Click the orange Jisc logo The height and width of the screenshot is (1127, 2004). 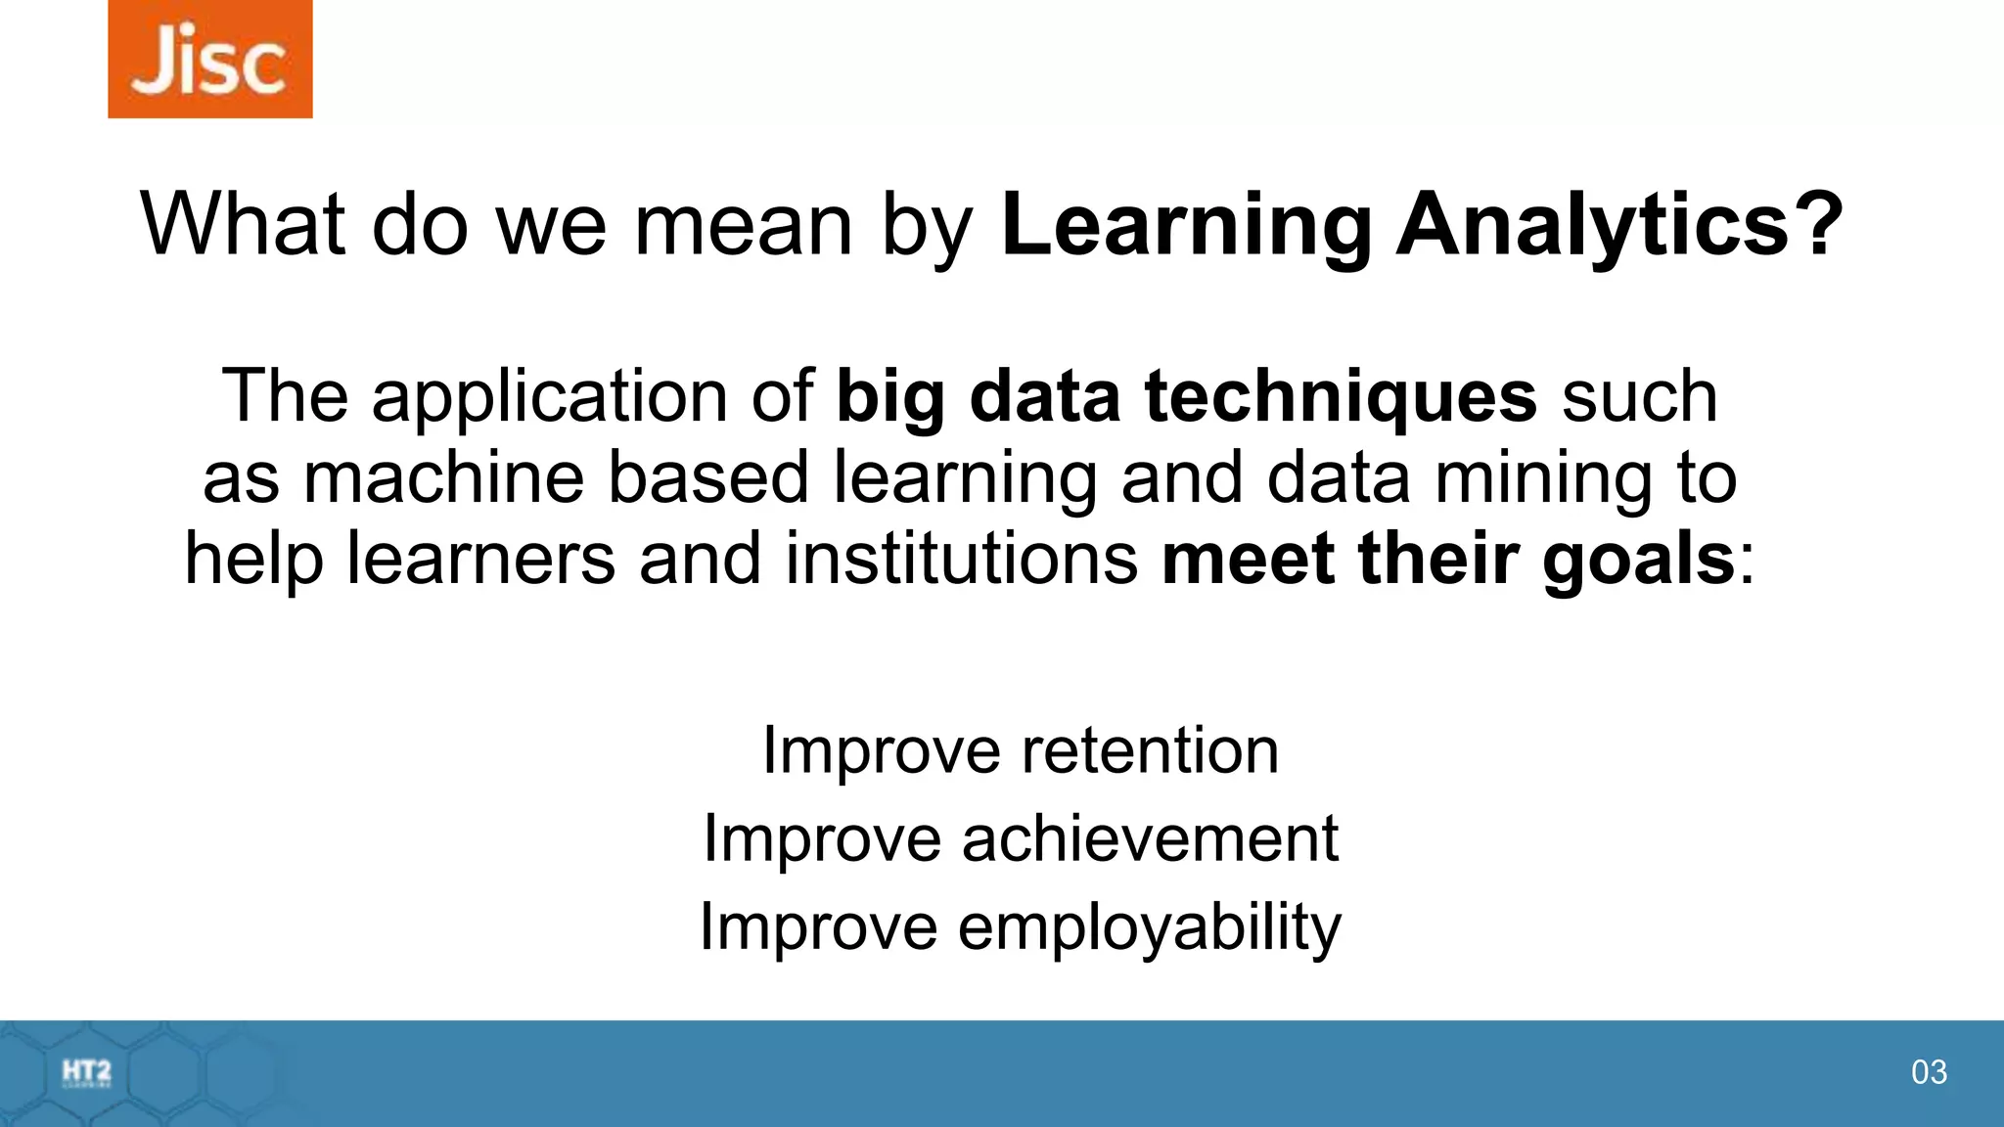(209, 59)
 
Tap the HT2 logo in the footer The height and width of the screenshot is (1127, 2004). (86, 1073)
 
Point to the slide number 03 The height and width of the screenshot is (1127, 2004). (1929, 1072)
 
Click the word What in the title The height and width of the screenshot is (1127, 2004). (243, 225)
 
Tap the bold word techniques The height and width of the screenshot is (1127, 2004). (1341, 396)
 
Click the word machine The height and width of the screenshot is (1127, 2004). (443, 477)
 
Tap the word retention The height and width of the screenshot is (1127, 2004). (1150, 750)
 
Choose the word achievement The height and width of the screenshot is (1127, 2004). (1149, 838)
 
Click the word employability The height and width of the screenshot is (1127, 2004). (1149, 927)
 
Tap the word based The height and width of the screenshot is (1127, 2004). (707, 477)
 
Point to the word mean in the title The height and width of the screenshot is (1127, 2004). (744, 225)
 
